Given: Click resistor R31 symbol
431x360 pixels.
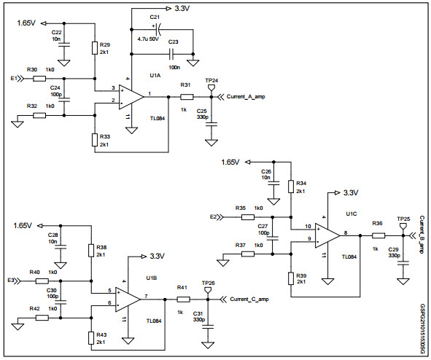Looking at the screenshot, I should [x=187, y=96].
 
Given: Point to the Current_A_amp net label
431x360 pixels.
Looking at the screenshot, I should [x=249, y=96].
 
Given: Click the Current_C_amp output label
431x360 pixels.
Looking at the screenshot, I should [x=249, y=299].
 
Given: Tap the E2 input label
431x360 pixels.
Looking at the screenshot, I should [x=214, y=216].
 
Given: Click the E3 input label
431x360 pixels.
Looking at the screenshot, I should [x=11, y=280].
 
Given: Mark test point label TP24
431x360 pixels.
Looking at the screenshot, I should [x=211, y=79].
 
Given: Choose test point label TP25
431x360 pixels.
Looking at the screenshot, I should [x=403, y=219].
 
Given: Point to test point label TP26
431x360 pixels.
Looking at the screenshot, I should [x=208, y=283].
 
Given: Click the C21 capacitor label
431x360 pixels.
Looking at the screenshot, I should [x=155, y=17].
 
